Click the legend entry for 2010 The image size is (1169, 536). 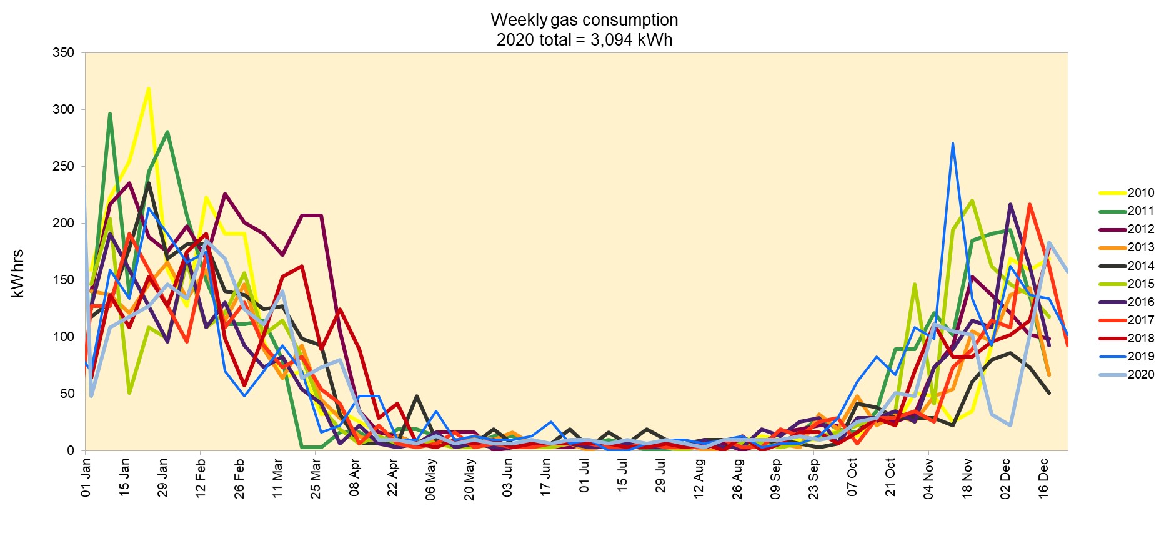click(x=1140, y=193)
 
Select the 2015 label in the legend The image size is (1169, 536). click(x=1140, y=284)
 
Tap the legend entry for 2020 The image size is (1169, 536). click(x=1140, y=374)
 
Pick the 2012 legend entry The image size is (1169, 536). click(x=1140, y=229)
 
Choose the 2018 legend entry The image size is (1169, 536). click(x=1140, y=338)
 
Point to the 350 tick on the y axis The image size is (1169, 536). click(x=63, y=53)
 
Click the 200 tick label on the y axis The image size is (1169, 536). click(x=63, y=223)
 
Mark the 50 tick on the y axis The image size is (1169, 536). click(x=66, y=394)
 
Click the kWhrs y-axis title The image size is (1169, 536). click(x=17, y=274)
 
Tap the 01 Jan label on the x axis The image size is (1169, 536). click(x=86, y=478)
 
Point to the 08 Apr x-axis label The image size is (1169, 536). click(x=354, y=478)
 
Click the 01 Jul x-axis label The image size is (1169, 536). click(x=584, y=476)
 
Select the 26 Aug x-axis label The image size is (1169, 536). click(x=737, y=479)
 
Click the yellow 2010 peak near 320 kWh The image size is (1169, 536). click(x=148, y=89)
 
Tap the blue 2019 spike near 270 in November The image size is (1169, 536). click(x=952, y=143)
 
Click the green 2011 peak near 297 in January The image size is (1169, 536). click(x=110, y=114)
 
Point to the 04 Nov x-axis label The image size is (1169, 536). click(x=928, y=479)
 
